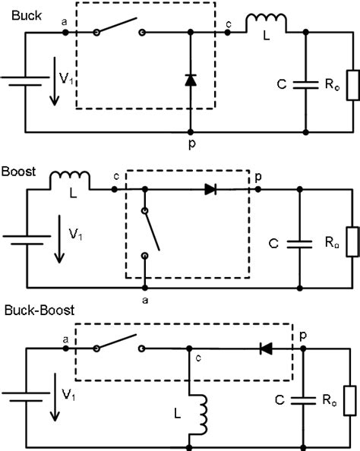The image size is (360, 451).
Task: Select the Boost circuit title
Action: [18, 171]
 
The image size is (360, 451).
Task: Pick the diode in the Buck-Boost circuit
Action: [266, 348]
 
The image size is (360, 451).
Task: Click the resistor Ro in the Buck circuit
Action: [349, 84]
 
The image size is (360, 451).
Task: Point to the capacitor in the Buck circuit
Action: [305, 84]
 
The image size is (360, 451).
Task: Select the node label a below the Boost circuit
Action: [144, 301]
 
